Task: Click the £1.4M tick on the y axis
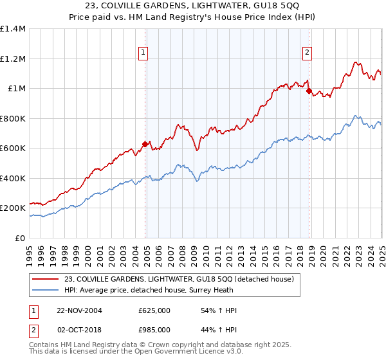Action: [13, 29]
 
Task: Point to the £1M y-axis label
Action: [16, 89]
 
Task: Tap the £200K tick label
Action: [13, 208]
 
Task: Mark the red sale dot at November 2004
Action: [145, 145]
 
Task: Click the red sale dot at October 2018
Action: [308, 91]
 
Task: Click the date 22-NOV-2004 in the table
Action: [79, 310]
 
